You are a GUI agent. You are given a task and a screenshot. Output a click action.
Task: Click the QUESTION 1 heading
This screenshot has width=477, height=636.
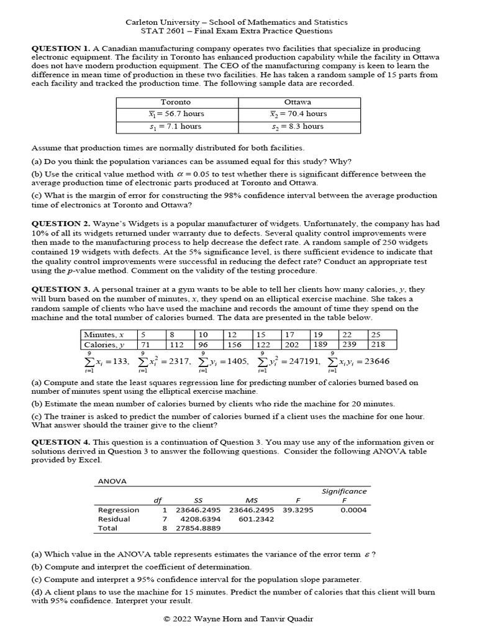(x=60, y=48)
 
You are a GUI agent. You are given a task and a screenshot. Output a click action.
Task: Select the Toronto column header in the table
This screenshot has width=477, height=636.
(x=176, y=102)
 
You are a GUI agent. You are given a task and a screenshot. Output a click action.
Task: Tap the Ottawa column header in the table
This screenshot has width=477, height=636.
(x=298, y=102)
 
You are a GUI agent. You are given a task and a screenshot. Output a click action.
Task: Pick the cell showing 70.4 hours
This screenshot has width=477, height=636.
(x=298, y=114)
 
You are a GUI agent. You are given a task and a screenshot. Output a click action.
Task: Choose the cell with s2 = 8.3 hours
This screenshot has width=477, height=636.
(x=298, y=126)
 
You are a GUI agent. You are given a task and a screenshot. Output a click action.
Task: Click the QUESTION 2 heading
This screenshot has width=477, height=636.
(x=60, y=223)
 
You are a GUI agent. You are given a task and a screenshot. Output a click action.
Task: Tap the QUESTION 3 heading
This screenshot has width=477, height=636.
(x=60, y=289)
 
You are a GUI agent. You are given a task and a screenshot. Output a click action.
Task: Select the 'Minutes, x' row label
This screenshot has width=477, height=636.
(x=104, y=334)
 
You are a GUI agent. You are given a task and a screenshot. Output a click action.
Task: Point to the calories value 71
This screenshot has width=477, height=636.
(x=147, y=345)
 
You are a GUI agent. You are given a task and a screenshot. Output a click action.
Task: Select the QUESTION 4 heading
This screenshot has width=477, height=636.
(x=60, y=442)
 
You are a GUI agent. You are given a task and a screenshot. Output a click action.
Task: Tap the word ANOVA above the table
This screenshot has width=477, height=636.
(x=112, y=481)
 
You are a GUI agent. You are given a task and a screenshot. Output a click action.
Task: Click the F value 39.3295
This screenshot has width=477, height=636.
(x=298, y=510)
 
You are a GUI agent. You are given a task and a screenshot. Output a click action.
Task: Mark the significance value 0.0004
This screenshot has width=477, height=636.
(x=353, y=510)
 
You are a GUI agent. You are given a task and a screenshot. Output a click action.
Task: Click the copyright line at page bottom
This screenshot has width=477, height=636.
(x=238, y=619)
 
